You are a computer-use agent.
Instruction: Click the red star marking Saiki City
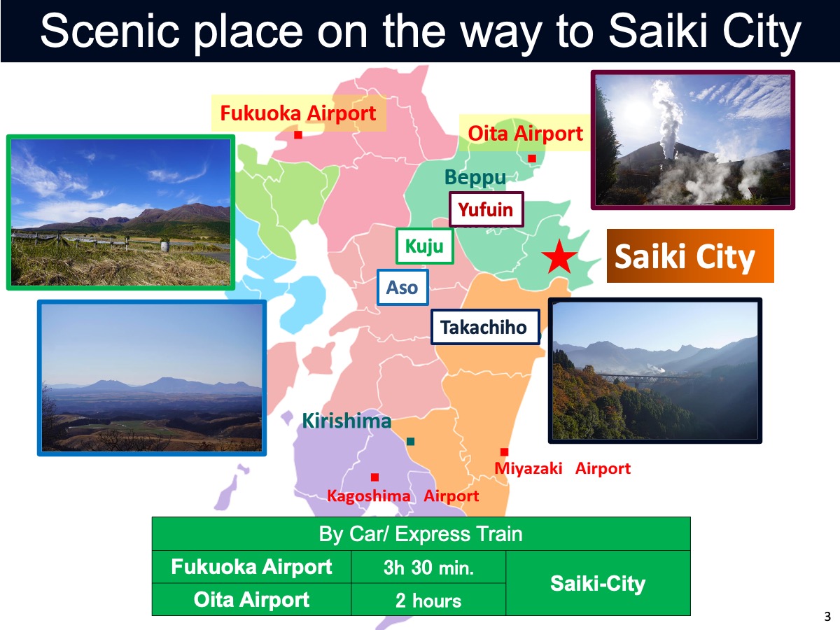[559, 257]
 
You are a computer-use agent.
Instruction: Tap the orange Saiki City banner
[690, 256]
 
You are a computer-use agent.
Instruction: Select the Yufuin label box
[486, 209]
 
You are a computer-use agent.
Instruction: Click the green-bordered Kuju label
[425, 246]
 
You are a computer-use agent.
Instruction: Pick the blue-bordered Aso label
[402, 287]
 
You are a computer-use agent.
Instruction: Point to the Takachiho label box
[485, 327]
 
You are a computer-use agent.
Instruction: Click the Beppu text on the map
[475, 178]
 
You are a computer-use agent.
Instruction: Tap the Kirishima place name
[346, 421]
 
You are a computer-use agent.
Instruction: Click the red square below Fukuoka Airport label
[298, 134]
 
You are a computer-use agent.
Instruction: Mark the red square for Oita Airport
[532, 158]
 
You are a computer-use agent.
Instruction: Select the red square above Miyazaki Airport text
[505, 452]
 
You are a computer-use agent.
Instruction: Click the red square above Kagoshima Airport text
[374, 477]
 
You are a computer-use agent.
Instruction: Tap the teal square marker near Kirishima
[411, 442]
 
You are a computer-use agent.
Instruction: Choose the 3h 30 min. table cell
[428, 567]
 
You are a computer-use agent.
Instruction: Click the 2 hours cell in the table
[428, 600]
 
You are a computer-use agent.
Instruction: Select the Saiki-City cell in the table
[598, 583]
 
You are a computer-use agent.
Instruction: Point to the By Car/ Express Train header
[421, 534]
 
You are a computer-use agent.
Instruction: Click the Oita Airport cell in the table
[251, 600]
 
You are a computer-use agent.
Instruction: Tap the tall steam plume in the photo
[668, 118]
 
